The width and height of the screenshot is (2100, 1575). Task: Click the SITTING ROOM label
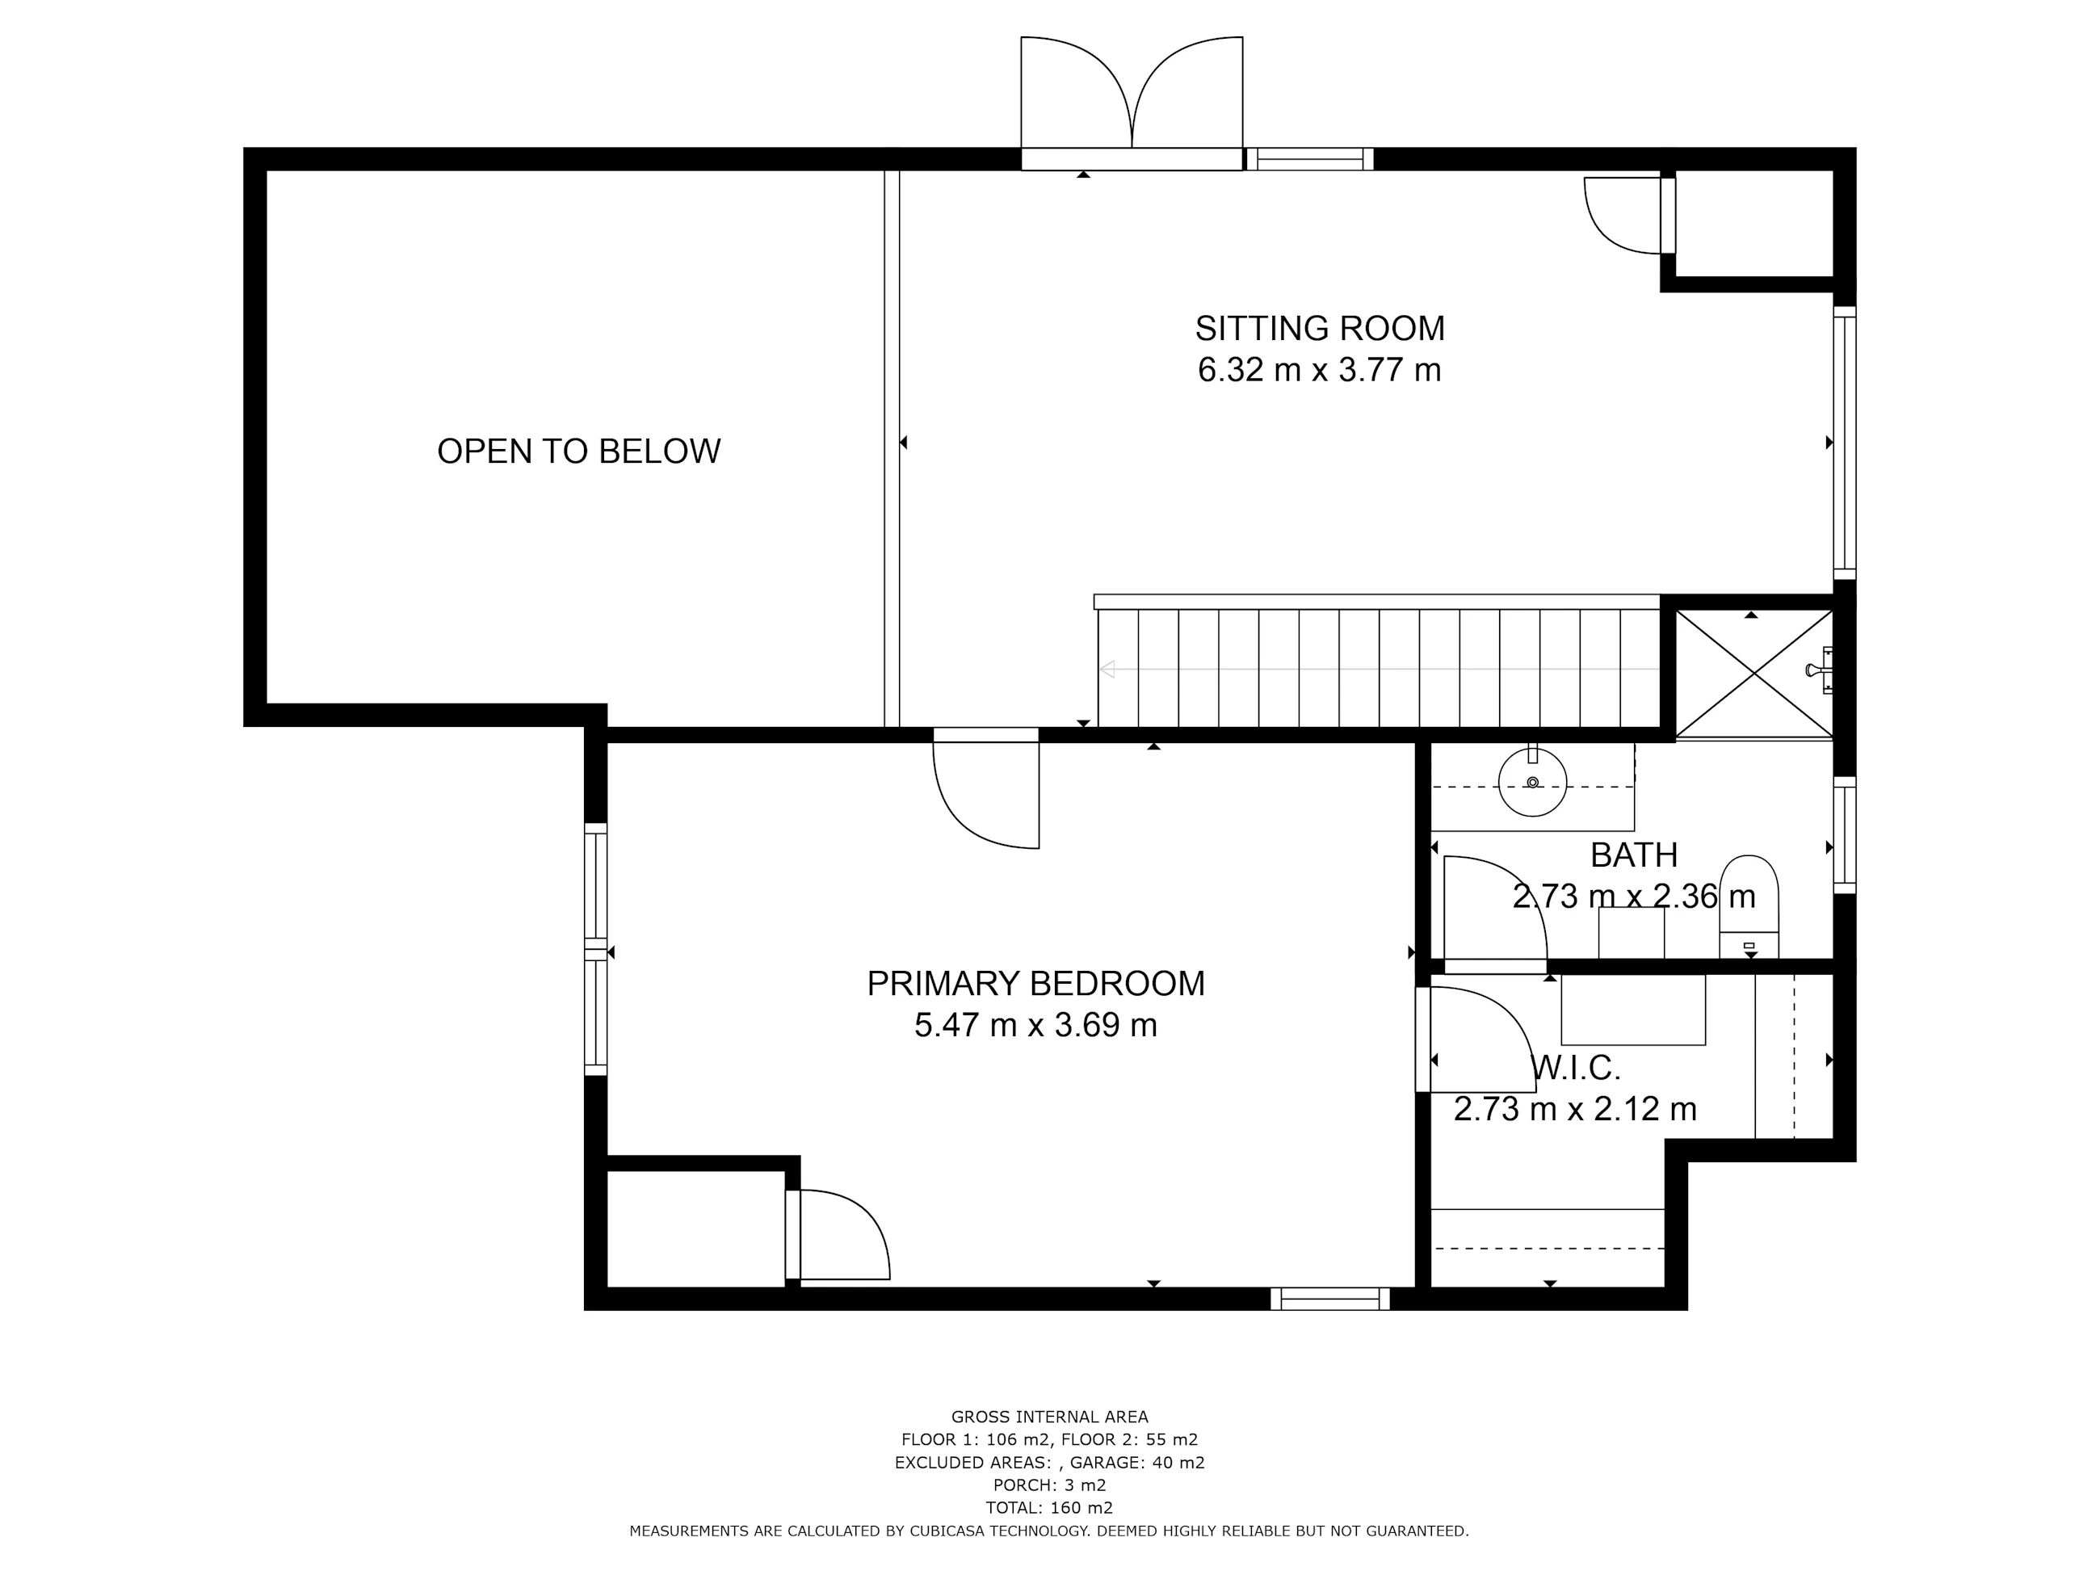1320,329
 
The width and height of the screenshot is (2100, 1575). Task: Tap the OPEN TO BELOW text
579,451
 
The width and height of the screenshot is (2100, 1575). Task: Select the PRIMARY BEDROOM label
1035,984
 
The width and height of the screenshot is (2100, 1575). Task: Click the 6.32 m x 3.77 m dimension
1320,369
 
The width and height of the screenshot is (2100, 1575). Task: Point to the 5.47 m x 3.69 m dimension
1035,1025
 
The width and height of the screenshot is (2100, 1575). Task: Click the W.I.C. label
1577,1068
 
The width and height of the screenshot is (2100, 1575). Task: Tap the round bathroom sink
1532,783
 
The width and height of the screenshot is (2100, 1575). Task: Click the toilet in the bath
1749,908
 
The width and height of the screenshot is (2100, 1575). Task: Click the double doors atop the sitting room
1132,103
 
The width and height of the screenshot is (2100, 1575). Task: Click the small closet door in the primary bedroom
838,1234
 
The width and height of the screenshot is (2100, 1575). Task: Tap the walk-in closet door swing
1476,1039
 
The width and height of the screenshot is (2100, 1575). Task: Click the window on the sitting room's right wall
1845,443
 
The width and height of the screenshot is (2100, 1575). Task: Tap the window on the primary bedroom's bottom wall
1330,1299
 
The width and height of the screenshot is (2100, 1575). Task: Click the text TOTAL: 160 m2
1049,1508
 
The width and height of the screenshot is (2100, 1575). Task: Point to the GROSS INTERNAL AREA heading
1049,1417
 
